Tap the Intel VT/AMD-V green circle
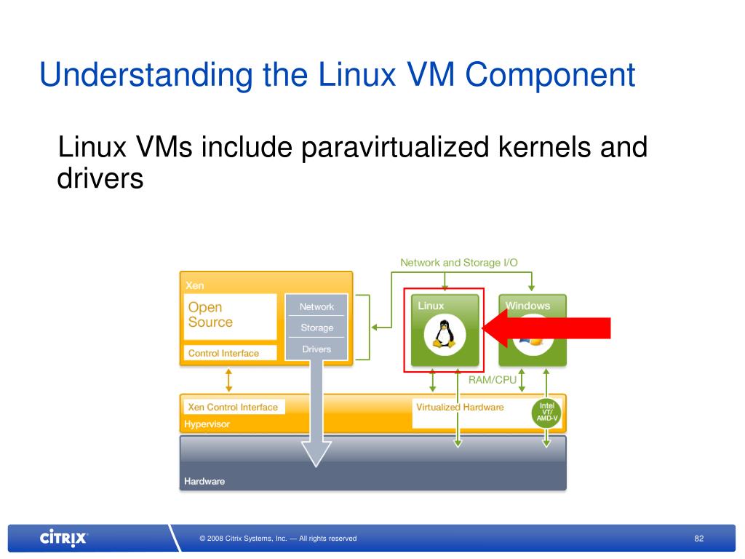547,413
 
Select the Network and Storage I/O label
459,262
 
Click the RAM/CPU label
493,379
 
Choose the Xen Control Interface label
233,407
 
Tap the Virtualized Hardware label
460,407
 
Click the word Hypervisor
207,424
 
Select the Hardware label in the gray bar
204,481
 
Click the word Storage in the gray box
317,328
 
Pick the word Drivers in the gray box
317,349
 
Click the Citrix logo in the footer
63,539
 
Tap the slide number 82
699,539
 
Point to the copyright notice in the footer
278,539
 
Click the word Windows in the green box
527,306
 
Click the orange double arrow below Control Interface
229,378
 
